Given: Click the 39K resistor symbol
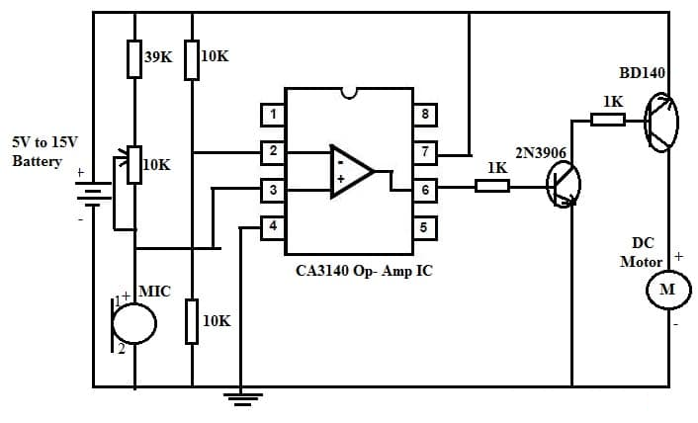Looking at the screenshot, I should point(134,58).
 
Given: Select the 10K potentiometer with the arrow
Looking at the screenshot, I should point(133,165).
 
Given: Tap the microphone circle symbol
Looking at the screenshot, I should point(134,322).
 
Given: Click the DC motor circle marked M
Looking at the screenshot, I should point(666,291).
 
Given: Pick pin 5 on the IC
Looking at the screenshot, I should point(424,227).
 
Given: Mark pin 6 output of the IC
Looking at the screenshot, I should point(424,190).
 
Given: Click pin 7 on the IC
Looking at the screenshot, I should point(424,152).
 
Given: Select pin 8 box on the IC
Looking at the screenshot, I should point(424,115).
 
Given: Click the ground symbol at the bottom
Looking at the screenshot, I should point(240,398).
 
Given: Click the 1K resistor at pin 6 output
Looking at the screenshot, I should point(491,185).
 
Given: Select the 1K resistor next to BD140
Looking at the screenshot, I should point(607,120).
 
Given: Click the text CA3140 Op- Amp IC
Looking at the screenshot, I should point(364,270).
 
